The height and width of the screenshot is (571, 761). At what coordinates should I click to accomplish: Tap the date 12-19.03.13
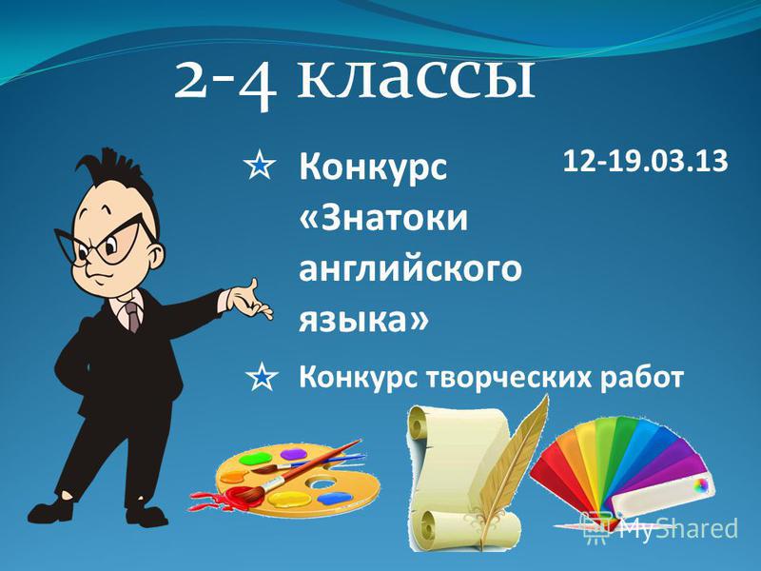[x=646, y=161]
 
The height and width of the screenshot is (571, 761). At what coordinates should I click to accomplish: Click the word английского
[x=410, y=269]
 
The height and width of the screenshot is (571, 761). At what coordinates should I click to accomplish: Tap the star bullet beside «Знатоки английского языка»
[x=261, y=165]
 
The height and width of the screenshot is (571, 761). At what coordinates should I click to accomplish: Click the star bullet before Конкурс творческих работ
[x=263, y=377]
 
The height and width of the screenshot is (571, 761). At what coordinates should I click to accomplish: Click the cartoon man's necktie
[x=132, y=317]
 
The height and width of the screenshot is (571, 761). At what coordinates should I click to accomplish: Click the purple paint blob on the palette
[x=294, y=455]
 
